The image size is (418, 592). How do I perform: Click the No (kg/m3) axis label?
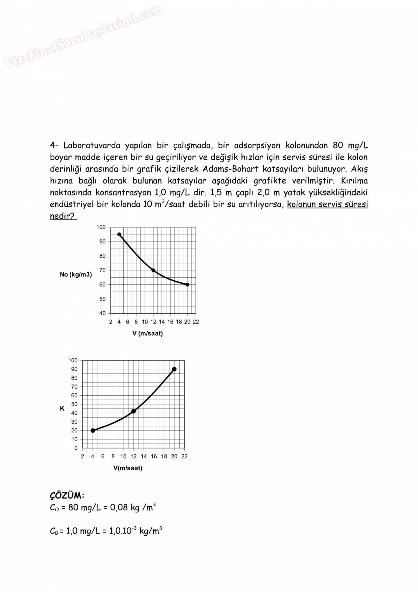tap(76, 275)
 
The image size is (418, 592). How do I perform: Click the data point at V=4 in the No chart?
tap(119, 234)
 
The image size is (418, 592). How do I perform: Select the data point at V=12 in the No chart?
tap(153, 270)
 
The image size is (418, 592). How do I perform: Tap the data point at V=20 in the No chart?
tap(187, 285)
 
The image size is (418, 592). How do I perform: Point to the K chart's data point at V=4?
tap(93, 430)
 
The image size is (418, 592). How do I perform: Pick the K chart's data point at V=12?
tap(133, 411)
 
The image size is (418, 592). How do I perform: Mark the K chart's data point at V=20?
tap(174, 369)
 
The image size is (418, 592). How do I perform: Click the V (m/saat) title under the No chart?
tap(148, 334)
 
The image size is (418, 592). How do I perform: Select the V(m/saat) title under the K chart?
tap(128, 468)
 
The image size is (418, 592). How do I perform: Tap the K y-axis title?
tap(62, 408)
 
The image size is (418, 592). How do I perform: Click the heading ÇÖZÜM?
tap(67, 496)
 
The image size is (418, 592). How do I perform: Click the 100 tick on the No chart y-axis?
tap(101, 227)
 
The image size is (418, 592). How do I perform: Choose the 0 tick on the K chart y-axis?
tap(76, 448)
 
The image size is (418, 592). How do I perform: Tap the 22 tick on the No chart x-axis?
tap(196, 322)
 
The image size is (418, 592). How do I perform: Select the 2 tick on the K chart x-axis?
tap(83, 456)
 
